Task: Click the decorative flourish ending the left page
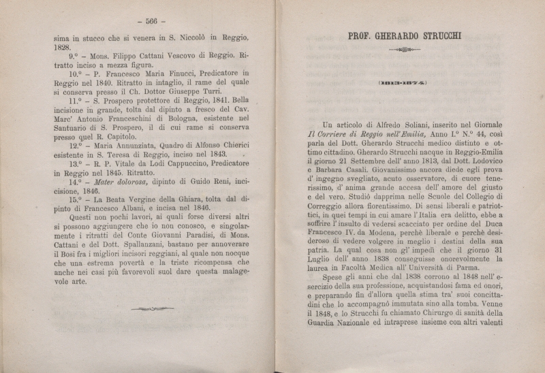151,309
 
